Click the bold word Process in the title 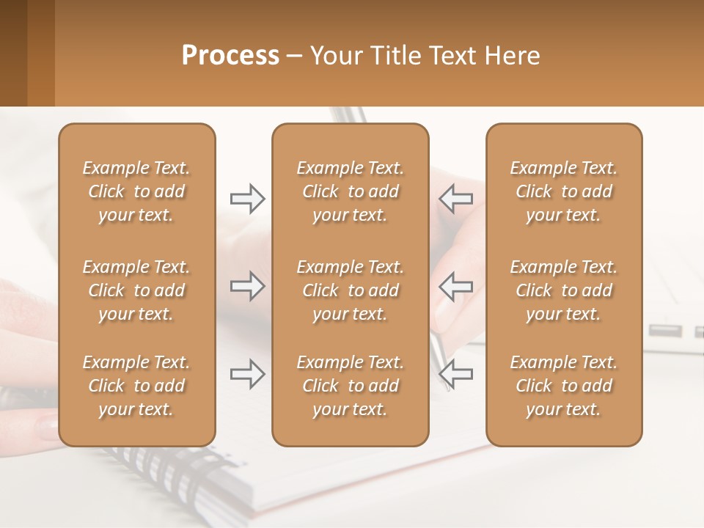[x=230, y=56]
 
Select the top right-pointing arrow [x=247, y=198]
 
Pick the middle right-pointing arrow [x=247, y=286]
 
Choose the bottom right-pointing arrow [x=247, y=374]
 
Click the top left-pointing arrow [x=455, y=198]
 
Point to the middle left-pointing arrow [x=455, y=286]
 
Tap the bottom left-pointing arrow [x=455, y=374]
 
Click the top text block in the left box [x=136, y=191]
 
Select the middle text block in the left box [x=136, y=290]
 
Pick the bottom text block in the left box [x=136, y=386]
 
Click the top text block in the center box [x=350, y=191]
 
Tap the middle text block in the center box [x=350, y=290]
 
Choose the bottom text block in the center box [x=350, y=386]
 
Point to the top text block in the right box [x=563, y=191]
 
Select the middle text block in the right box [x=563, y=290]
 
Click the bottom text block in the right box [x=563, y=386]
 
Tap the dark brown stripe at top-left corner [x=13, y=51]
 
